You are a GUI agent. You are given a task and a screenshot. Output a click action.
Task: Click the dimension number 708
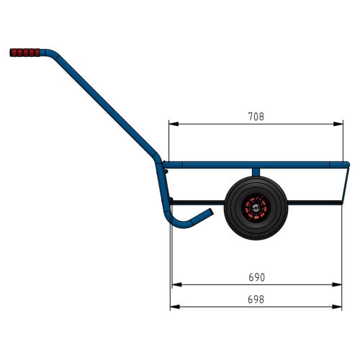click(x=256, y=117)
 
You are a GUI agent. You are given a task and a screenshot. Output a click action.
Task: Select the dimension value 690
click(x=256, y=277)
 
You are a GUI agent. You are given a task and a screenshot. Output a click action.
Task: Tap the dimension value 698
click(x=256, y=300)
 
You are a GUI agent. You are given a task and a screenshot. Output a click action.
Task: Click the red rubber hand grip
click(x=24, y=53)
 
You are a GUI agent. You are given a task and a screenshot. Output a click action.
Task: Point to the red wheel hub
click(x=256, y=208)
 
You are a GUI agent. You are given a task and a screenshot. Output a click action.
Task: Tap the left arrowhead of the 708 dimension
click(x=174, y=124)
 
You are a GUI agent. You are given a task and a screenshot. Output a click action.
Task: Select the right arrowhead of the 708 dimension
click(x=338, y=124)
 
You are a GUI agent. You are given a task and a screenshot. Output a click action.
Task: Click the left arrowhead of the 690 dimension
click(x=176, y=284)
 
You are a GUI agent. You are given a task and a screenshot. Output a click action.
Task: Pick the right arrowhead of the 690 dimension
click(x=337, y=284)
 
